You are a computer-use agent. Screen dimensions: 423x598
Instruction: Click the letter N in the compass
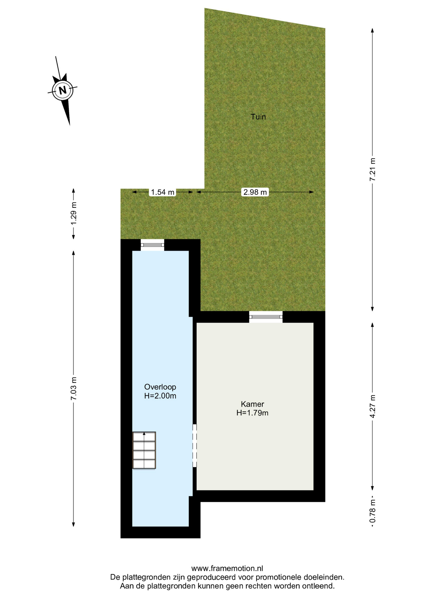click(63, 90)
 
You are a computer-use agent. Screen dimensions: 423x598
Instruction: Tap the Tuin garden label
click(258, 117)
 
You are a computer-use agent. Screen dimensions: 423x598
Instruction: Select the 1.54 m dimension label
click(163, 192)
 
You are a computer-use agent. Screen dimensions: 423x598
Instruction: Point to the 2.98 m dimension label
click(255, 192)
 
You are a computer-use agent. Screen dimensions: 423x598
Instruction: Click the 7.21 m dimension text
click(373, 169)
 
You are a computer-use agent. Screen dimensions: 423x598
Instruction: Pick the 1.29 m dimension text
click(74, 213)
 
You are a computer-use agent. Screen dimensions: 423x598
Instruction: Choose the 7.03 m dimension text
click(74, 389)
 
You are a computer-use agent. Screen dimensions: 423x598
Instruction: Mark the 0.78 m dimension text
click(373, 511)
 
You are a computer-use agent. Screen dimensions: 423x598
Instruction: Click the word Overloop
click(160, 387)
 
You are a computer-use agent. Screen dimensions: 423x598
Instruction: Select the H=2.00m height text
click(160, 396)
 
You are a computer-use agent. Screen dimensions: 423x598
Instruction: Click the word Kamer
click(252, 404)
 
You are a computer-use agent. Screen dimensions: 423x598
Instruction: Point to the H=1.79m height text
click(252, 413)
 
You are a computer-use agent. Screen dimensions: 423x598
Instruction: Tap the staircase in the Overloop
click(144, 450)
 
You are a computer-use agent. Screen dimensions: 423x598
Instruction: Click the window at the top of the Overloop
click(152, 245)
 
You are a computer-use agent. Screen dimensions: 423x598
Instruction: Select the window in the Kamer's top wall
click(266, 317)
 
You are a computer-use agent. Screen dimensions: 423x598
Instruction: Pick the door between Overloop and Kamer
click(195, 446)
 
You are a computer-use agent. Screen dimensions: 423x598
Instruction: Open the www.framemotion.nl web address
click(227, 568)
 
